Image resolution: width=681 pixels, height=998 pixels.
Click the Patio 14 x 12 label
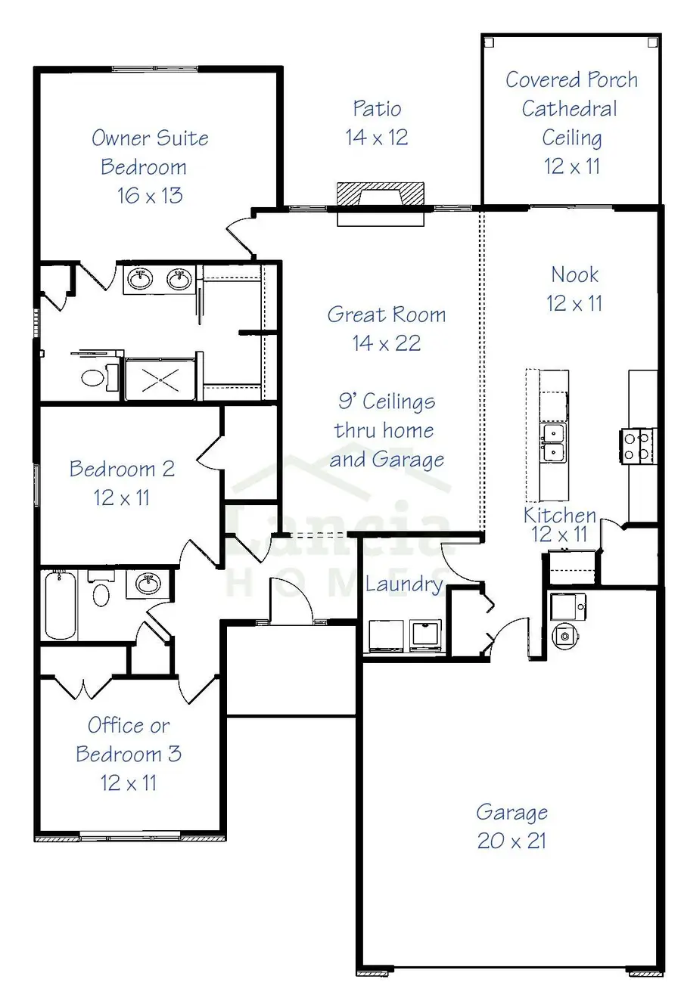click(377, 123)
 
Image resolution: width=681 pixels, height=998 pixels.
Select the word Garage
click(512, 813)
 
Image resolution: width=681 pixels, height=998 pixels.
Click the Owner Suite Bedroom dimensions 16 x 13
click(150, 196)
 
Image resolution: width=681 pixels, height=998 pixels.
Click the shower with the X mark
click(160, 379)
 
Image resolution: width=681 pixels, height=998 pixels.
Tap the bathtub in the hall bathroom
click(61, 606)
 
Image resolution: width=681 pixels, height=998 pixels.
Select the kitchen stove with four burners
click(637, 445)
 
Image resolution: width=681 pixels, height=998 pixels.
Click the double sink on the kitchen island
click(554, 443)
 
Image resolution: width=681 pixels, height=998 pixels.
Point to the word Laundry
click(404, 584)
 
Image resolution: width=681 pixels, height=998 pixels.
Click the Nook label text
click(574, 274)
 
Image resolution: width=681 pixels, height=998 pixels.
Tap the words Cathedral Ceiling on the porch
click(571, 123)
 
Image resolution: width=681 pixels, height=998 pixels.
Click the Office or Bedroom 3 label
click(129, 754)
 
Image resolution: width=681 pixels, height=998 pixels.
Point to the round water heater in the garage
click(564, 636)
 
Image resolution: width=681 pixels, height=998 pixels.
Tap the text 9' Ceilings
click(387, 401)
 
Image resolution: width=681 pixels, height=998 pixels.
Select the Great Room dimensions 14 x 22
click(386, 343)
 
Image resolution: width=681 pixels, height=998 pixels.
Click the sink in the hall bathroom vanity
click(148, 583)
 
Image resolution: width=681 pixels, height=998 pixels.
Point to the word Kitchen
click(560, 516)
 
